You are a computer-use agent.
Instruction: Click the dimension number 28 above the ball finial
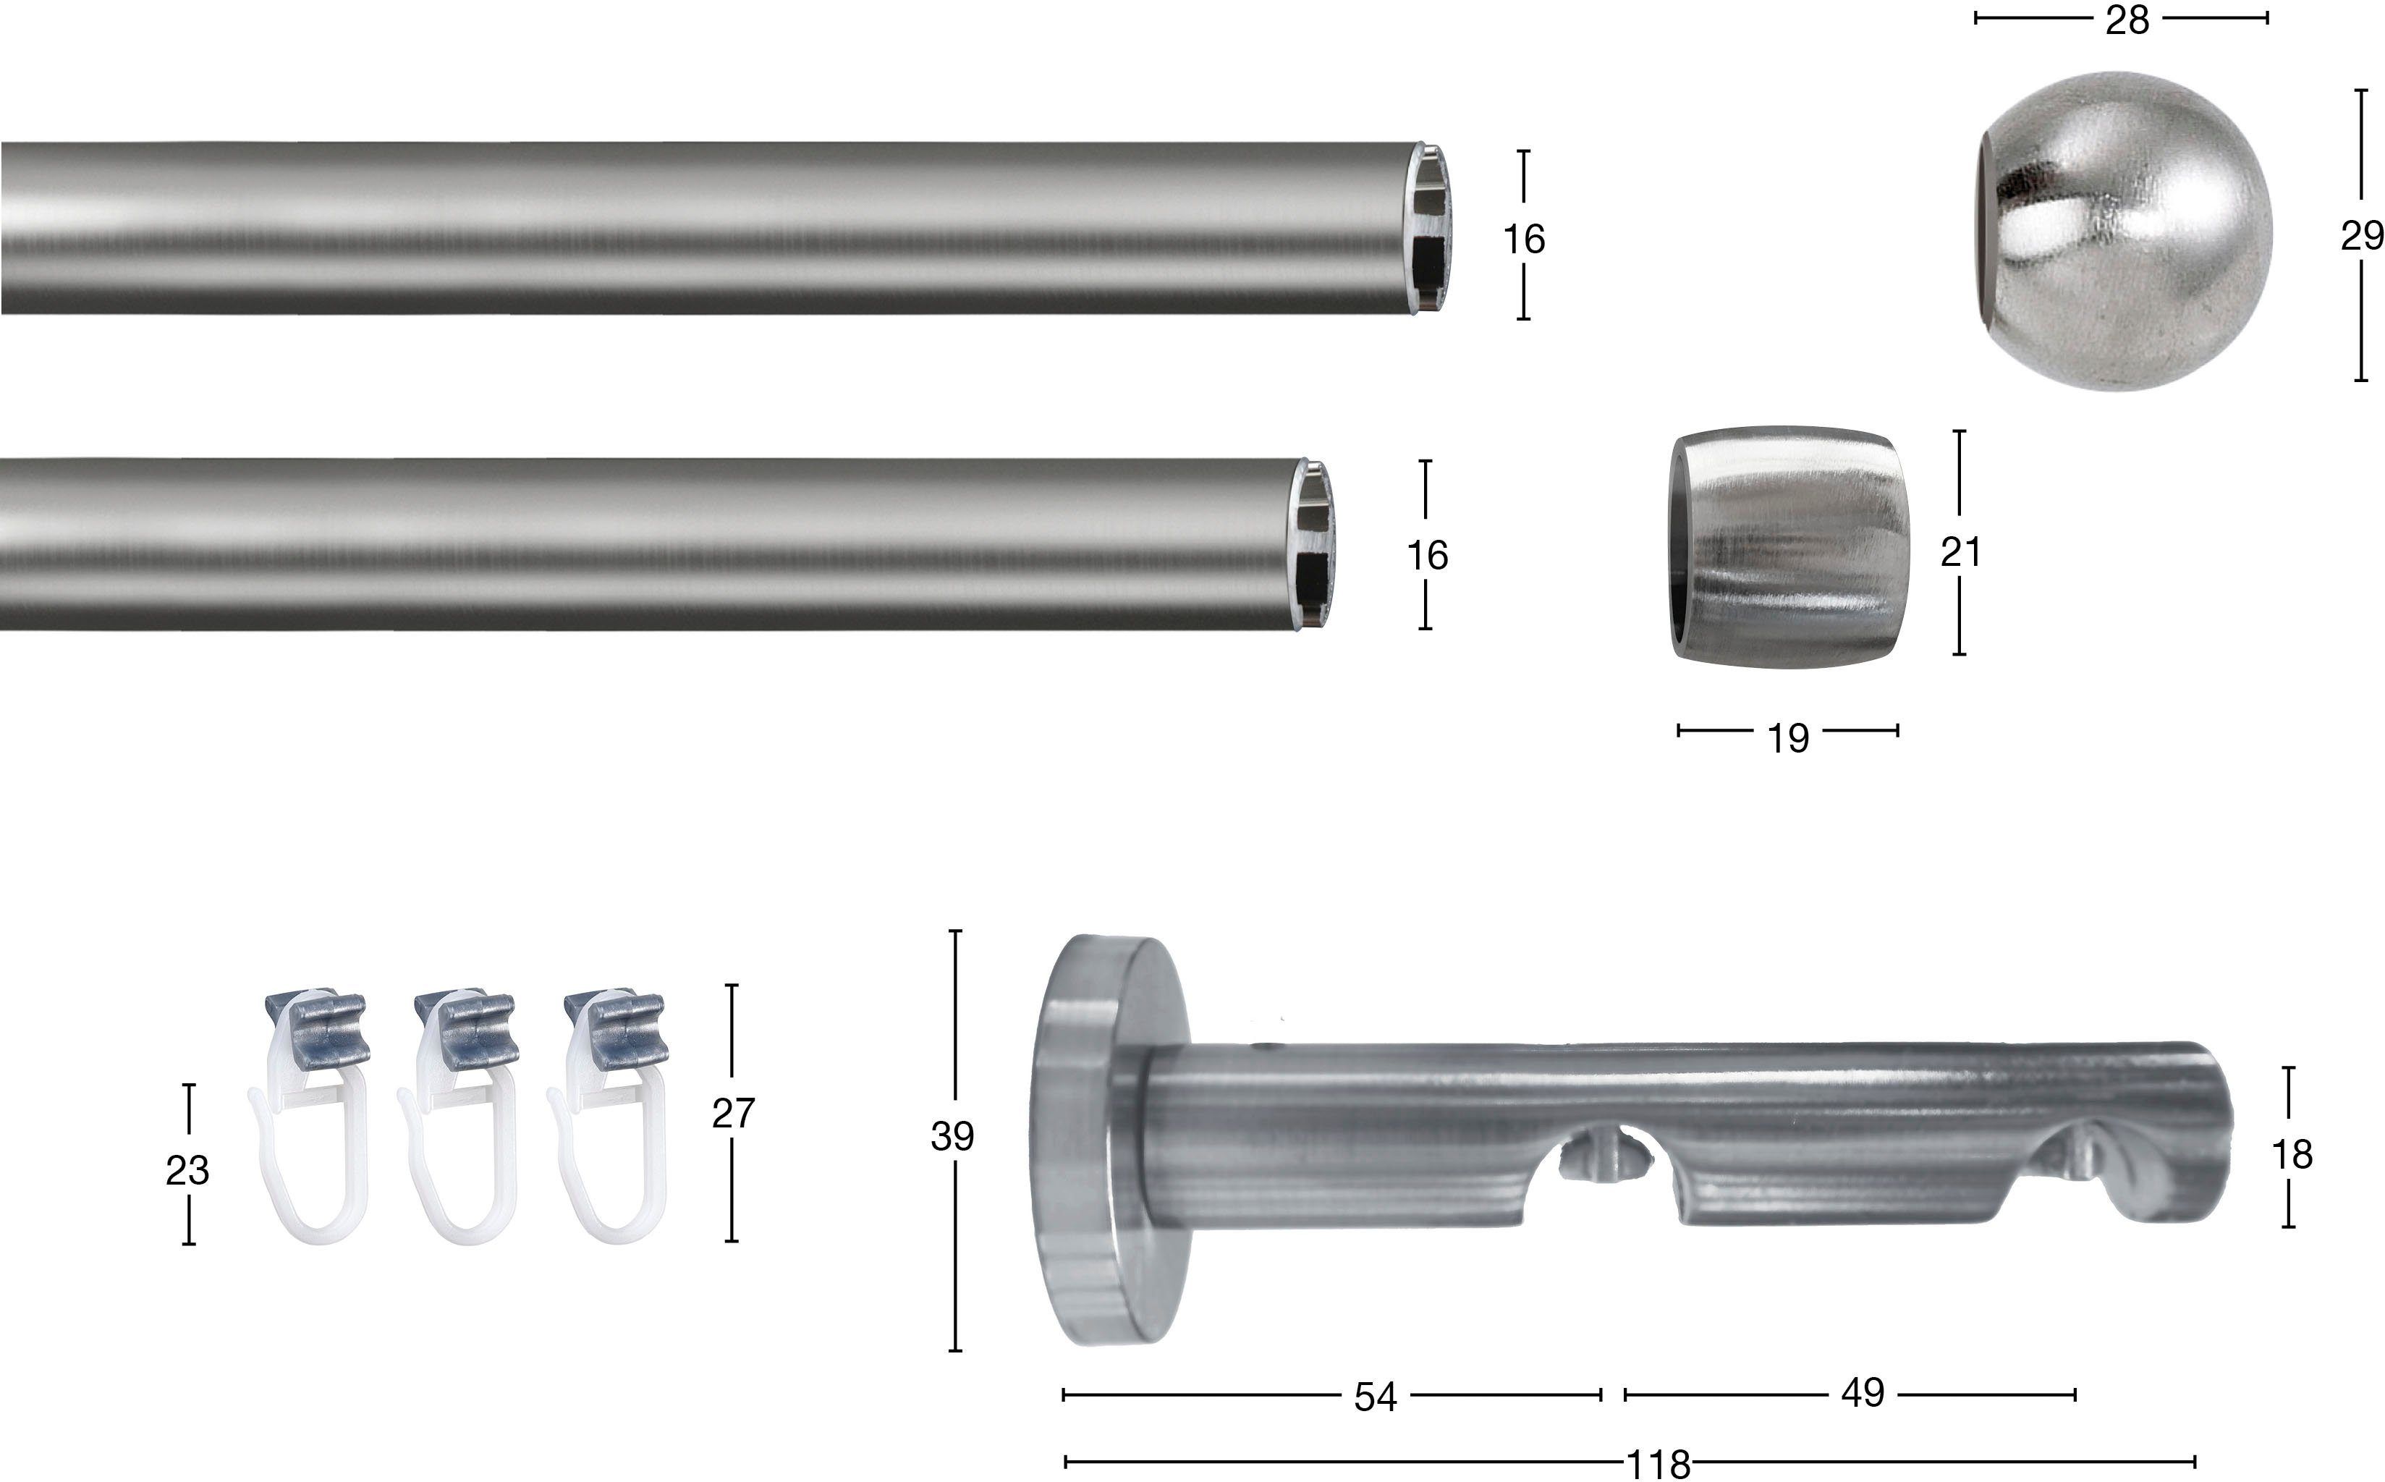tap(2127, 20)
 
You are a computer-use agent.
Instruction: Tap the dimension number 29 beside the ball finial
tap(2362, 236)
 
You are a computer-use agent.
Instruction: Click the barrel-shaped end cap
tap(1789, 547)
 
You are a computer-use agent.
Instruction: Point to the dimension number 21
tap(1961, 553)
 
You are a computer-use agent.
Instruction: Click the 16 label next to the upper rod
tap(1524, 239)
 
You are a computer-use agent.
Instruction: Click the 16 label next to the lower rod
tap(1427, 556)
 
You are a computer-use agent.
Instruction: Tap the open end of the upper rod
tap(1431, 229)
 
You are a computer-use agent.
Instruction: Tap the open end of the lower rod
tap(1314, 544)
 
